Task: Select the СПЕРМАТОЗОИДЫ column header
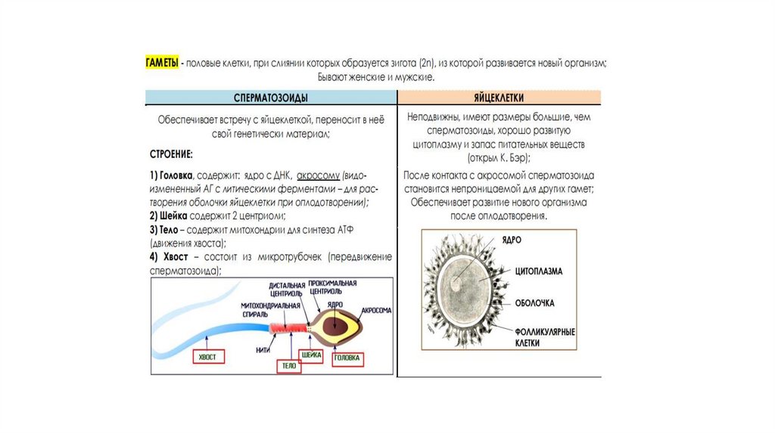pyautogui.click(x=271, y=98)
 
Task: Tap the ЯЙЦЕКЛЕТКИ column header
pyautogui.click(x=499, y=98)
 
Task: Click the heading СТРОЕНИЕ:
pyautogui.click(x=171, y=154)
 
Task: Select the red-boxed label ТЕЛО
pyautogui.click(x=288, y=365)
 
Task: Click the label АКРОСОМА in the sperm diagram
pyautogui.click(x=375, y=310)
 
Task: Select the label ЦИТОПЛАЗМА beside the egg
pyautogui.click(x=543, y=270)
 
